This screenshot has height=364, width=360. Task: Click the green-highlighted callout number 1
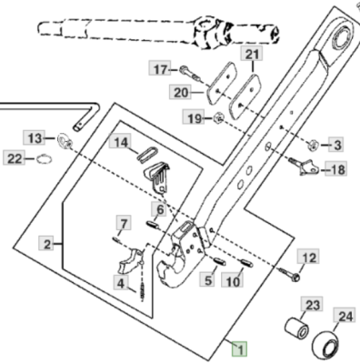(240, 349)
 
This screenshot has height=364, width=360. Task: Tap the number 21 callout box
(252, 55)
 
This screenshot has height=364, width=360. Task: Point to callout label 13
(34, 138)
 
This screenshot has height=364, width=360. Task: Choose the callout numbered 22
(15, 158)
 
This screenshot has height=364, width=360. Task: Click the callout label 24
(345, 316)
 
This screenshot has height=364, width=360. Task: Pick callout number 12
(308, 257)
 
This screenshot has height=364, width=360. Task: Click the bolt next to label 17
(190, 74)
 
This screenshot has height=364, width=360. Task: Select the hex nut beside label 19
(218, 117)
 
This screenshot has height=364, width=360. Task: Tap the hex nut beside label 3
(313, 145)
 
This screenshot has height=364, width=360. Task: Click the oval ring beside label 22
(45, 158)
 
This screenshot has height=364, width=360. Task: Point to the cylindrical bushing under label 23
(296, 329)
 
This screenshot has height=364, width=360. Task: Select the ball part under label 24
(325, 346)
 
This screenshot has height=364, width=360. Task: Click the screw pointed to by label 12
(289, 273)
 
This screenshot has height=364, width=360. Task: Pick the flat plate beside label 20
(222, 82)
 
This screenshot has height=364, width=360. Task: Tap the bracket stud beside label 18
(304, 167)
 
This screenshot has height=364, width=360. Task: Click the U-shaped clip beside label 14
(147, 154)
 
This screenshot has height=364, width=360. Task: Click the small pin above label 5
(218, 261)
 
